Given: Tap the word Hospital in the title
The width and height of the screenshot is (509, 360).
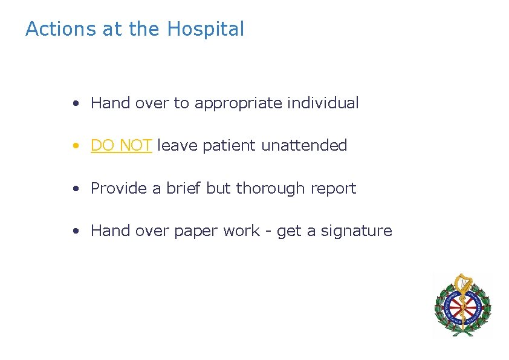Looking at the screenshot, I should pyautogui.click(x=206, y=29).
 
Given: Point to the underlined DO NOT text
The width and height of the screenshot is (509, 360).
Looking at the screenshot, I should pyautogui.click(x=121, y=146).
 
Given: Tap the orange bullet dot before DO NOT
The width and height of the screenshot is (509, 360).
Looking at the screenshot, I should pyautogui.click(x=75, y=146).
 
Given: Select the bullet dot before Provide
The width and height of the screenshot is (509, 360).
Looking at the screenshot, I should pyautogui.click(x=75, y=189).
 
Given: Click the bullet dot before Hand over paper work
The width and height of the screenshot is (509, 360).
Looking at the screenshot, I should pyautogui.click(x=75, y=232).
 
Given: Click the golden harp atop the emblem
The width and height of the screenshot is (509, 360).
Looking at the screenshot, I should pyautogui.click(x=462, y=282).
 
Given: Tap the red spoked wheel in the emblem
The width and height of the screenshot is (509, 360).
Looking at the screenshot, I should pyautogui.click(x=462, y=306).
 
